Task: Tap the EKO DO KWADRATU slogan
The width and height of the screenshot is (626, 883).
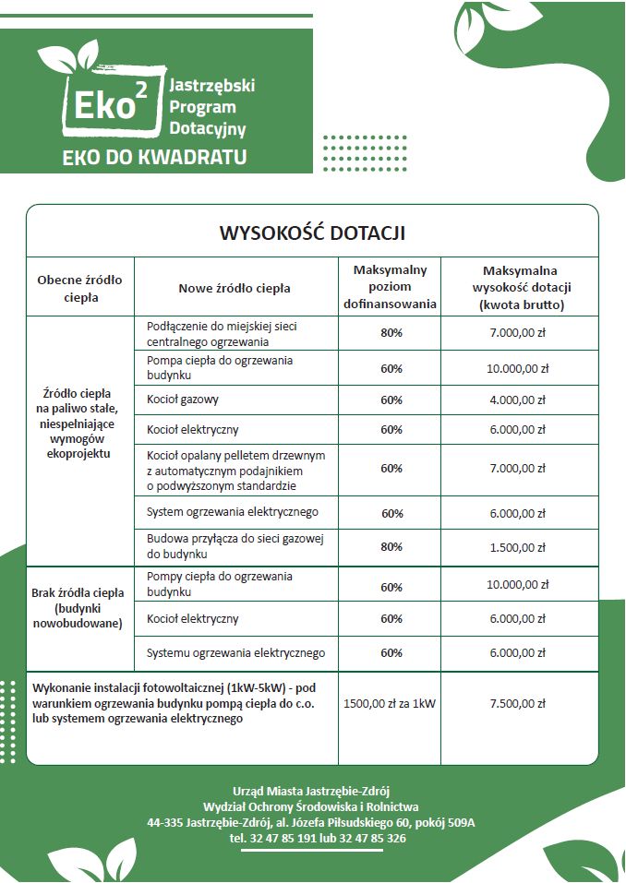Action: (154, 157)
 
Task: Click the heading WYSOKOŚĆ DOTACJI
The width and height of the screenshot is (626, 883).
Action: (312, 232)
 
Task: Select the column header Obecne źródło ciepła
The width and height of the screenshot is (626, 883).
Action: (79, 288)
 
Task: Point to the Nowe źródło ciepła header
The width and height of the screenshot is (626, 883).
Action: (235, 288)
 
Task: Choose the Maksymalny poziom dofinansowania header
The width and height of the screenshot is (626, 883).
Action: (390, 287)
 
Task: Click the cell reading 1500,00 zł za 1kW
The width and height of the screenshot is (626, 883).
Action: (390, 703)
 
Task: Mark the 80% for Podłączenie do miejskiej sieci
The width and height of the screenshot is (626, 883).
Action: (391, 332)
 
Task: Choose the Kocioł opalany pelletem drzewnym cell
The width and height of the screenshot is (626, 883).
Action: (236, 470)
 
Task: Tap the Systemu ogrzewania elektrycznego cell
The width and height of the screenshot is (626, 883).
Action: (236, 653)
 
